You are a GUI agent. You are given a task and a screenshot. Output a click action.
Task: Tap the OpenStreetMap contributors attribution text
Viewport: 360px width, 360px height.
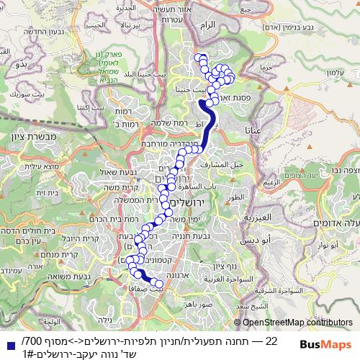click(x=297, y=323)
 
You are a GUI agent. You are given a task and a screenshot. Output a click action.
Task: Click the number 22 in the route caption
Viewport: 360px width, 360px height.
click(x=271, y=339)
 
